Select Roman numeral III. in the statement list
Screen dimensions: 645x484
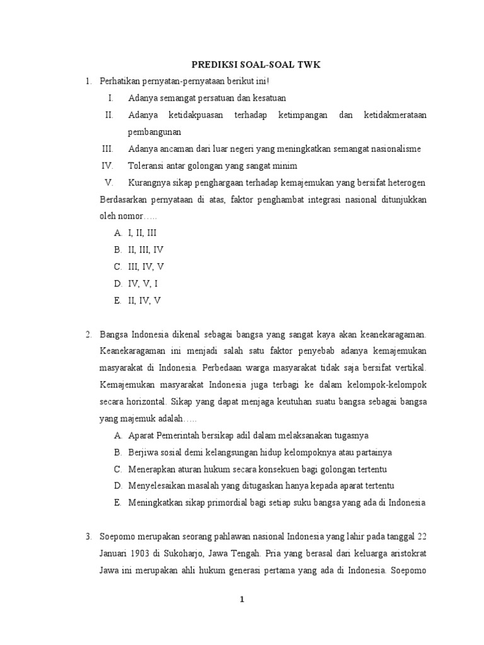[107, 149]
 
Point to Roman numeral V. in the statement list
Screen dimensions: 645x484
[109, 183]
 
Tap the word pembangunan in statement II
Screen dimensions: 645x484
[154, 132]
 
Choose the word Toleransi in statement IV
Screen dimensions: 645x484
[147, 166]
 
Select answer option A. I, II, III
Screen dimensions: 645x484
[139, 232]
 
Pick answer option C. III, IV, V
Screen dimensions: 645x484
[139, 266]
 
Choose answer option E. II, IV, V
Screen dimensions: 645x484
[138, 300]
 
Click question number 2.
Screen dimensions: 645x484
[89, 333]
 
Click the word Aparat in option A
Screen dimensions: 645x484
[142, 435]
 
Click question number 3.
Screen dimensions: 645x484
[89, 536]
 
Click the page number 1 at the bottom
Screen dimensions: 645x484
[242, 600]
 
